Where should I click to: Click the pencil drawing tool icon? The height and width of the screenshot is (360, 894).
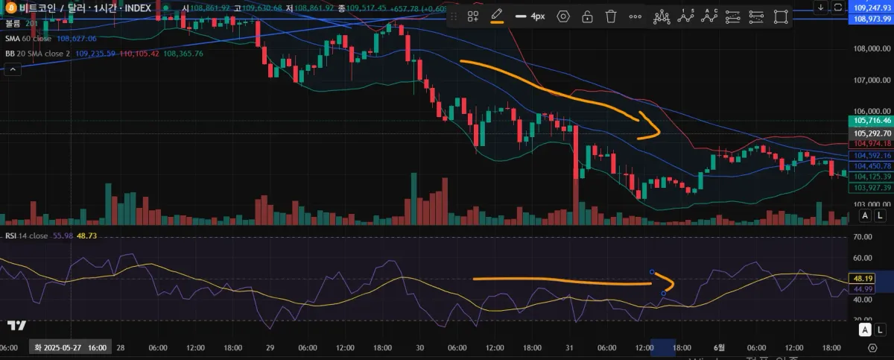(496, 16)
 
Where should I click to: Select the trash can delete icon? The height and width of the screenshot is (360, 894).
(611, 16)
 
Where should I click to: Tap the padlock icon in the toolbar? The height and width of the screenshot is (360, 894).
(587, 16)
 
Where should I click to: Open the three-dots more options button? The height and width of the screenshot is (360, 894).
(635, 16)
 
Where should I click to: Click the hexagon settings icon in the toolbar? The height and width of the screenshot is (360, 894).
(563, 16)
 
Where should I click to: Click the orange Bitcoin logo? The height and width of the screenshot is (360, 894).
(12, 7)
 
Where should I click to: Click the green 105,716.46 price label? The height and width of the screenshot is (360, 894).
(869, 120)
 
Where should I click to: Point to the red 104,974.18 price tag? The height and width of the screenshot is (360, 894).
(869, 143)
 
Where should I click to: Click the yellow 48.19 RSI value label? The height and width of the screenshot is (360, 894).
(863, 278)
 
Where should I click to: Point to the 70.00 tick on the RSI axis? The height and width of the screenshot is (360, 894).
(863, 236)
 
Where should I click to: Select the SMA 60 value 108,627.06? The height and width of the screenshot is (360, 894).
(77, 38)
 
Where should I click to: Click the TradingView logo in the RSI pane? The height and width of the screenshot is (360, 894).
(17, 325)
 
